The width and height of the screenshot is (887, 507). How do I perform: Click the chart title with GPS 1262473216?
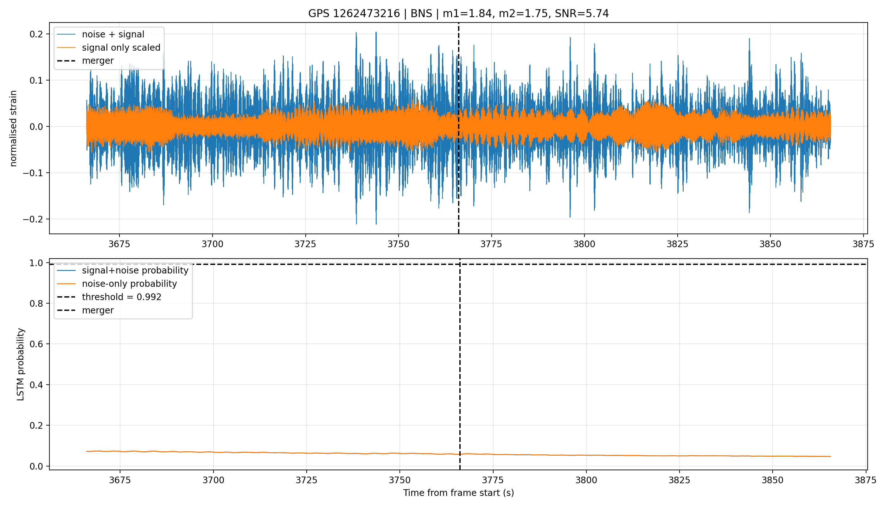458,13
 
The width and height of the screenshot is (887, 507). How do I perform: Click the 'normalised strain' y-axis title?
13,128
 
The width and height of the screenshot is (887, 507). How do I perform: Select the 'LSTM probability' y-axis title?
21,364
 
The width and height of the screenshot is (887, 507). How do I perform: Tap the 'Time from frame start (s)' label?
458,493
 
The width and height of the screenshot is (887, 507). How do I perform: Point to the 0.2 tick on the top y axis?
36,34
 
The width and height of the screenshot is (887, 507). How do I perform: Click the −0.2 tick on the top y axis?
33,219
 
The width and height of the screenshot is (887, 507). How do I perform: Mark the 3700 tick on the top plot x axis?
212,244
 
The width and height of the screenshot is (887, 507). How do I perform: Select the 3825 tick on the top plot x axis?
677,244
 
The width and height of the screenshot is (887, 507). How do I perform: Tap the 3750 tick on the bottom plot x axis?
400,480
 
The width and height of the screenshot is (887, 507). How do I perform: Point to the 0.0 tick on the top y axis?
36,127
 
